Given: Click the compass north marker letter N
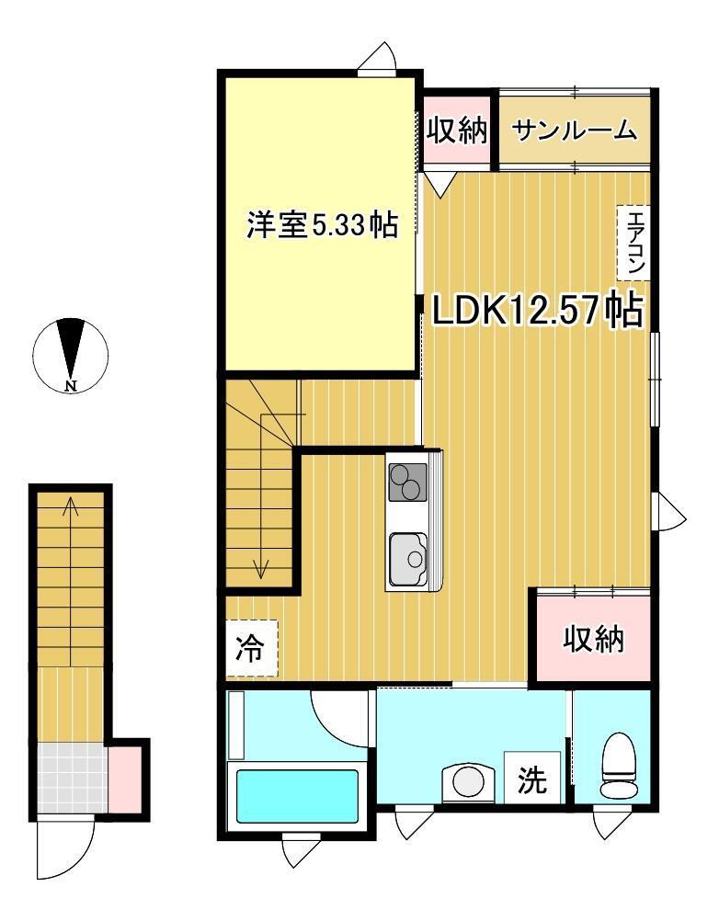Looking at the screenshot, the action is click(x=71, y=386).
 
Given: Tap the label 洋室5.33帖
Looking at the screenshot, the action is click(x=322, y=224).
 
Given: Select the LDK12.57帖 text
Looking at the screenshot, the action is click(x=538, y=310).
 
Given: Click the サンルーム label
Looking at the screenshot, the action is click(x=574, y=130).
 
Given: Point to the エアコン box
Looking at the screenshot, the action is click(x=633, y=243).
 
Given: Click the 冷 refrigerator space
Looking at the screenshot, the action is click(x=252, y=648).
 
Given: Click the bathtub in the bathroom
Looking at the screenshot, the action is click(x=297, y=796).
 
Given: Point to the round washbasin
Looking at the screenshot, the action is click(x=468, y=783).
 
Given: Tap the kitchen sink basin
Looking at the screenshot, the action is click(x=407, y=559).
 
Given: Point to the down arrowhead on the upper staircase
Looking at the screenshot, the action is click(x=260, y=570).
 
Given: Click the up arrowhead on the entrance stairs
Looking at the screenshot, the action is click(x=71, y=504).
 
